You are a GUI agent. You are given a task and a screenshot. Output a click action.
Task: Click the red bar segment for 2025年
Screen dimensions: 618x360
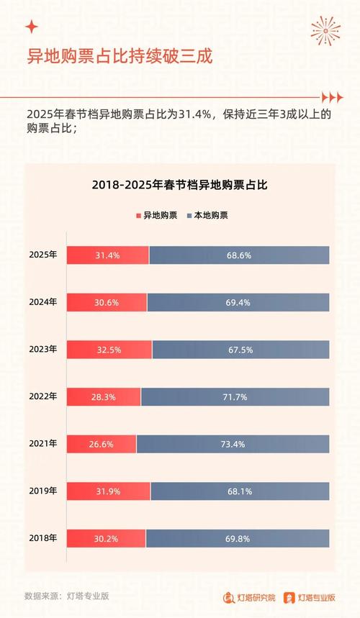(x=108, y=255)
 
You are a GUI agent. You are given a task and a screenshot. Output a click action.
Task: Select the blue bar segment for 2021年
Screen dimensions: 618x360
(x=233, y=444)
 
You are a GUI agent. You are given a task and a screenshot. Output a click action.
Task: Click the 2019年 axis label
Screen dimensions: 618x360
(x=43, y=491)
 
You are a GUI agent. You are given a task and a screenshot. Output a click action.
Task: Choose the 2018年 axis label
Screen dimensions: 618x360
(x=43, y=538)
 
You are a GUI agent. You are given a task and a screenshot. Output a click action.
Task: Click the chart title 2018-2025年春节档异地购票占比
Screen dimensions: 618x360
(x=179, y=185)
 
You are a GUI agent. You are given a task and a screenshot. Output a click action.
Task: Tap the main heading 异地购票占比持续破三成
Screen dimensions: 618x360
(x=119, y=56)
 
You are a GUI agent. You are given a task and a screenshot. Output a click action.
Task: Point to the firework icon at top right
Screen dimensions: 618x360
(x=325, y=29)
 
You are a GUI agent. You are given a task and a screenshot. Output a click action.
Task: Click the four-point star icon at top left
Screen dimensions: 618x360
(x=31, y=27)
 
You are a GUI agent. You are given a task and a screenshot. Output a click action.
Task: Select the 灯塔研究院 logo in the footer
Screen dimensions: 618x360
(x=248, y=596)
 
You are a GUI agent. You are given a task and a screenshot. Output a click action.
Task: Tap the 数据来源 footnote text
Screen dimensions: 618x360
(x=66, y=596)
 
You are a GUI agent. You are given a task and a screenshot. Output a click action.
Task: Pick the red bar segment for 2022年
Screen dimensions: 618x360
(x=104, y=396)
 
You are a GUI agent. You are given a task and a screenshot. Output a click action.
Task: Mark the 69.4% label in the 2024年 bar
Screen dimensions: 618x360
(x=238, y=302)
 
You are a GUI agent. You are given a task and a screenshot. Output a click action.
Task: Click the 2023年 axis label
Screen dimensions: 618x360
(x=43, y=349)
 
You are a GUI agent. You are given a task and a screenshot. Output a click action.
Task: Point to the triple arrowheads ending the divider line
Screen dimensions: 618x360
(x=331, y=97)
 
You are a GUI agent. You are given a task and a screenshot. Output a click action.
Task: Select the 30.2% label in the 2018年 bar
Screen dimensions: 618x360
(x=107, y=538)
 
